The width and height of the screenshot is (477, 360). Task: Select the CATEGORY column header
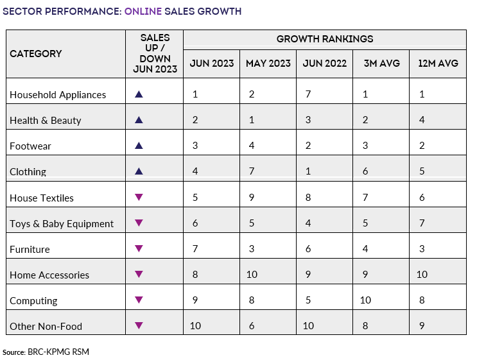pos(36,54)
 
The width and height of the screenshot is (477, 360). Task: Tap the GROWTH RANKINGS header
pos(325,39)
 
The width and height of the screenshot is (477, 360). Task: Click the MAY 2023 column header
pos(268,64)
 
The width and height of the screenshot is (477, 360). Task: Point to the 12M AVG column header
pos(437,64)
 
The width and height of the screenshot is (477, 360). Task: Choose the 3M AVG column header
pos(381,64)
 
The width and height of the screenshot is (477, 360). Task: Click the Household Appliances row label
pos(58,95)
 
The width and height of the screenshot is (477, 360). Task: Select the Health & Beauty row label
pos(46,121)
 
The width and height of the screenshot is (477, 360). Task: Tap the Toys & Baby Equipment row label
pos(62,223)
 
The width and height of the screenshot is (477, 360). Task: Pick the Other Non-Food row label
pos(46,326)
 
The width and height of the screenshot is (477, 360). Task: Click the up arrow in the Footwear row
pos(138,146)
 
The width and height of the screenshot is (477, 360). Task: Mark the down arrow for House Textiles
pos(138,197)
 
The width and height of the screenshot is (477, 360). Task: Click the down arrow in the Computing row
pos(138,300)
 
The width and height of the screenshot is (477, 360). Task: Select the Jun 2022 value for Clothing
pos(308,171)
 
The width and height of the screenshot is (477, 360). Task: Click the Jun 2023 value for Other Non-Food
pos(195,326)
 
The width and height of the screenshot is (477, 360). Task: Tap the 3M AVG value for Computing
pos(366,300)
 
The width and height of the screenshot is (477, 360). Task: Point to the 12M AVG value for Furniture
pos(421,249)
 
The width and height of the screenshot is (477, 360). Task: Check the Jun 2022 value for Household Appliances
pos(308,94)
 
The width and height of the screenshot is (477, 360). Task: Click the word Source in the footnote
pos(13,352)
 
